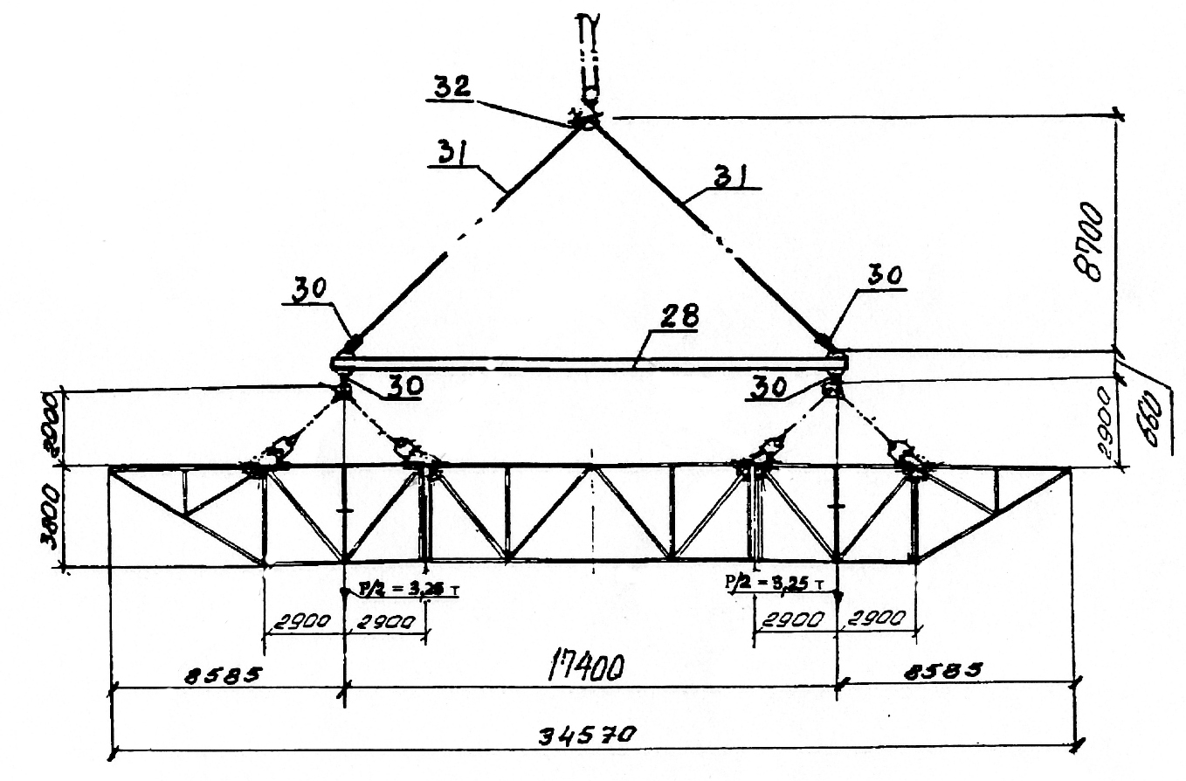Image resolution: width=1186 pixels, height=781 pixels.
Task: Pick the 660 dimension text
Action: click(1156, 404)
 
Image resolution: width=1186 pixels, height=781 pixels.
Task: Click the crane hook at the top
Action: click(586, 52)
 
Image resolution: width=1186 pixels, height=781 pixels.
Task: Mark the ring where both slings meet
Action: click(586, 121)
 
